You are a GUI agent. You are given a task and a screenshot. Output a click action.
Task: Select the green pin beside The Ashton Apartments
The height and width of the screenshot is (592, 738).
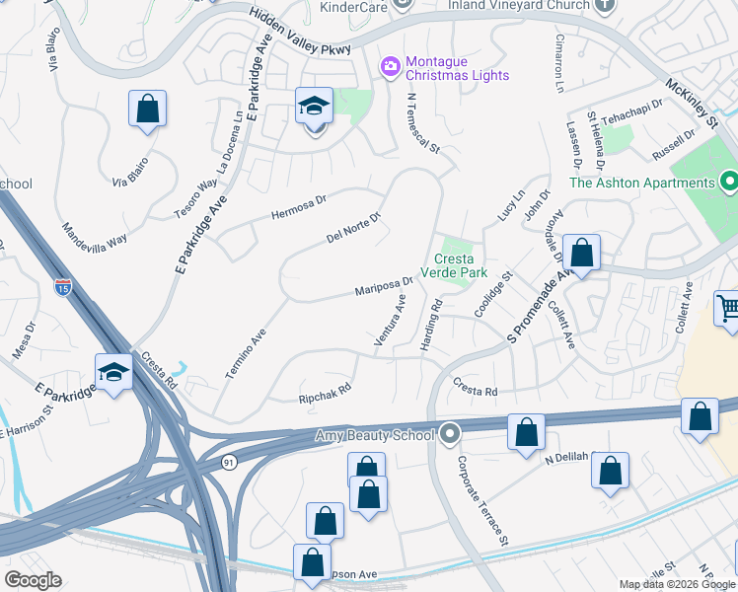tap(729, 183)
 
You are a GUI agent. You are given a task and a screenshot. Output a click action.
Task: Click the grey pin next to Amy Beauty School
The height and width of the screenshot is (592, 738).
tap(450, 434)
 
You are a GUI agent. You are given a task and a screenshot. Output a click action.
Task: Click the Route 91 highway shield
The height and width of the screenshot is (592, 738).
tap(229, 461)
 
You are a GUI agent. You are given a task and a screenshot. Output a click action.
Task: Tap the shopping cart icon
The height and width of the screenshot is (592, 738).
tap(728, 308)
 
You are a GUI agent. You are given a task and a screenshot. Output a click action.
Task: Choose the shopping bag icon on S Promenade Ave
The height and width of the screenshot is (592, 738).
tap(582, 253)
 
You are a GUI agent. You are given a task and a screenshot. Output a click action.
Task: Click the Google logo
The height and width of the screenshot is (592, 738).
tap(33, 580)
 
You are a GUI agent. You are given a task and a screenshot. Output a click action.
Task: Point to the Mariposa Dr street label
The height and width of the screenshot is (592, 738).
tap(383, 286)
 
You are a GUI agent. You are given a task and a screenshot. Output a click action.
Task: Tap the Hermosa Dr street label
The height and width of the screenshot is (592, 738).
tap(299, 207)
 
